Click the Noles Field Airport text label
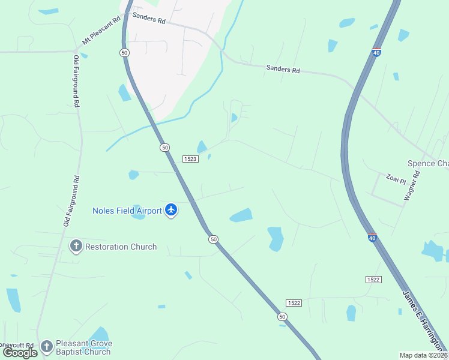127,211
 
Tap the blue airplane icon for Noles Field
172,211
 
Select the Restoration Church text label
121,247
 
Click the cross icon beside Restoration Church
76,246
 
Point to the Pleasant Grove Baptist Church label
83,347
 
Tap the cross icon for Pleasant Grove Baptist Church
47,346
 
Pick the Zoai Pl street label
397,179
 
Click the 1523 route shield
190,158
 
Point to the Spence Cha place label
428,164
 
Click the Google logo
20,353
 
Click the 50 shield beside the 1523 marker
164,147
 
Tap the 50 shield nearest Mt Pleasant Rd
124,53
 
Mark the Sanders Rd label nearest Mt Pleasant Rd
148,19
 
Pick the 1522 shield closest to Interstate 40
373,280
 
